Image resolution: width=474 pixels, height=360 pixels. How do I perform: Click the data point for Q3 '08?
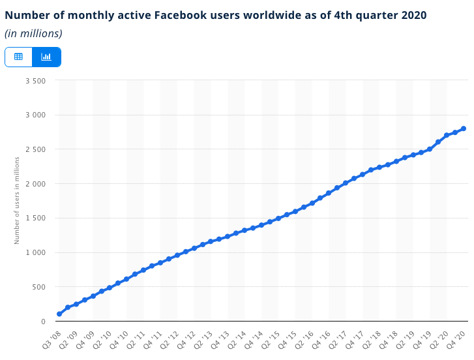(x=59, y=314)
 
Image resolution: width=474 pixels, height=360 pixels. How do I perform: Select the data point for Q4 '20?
(x=464, y=128)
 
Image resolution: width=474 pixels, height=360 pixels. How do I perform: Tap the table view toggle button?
(x=18, y=57)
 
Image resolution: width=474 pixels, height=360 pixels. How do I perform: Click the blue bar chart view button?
(x=46, y=57)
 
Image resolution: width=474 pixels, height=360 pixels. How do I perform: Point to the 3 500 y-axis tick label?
(x=35, y=81)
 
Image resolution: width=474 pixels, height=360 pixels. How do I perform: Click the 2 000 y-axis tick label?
(x=35, y=184)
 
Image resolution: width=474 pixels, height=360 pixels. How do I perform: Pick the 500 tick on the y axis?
(x=39, y=287)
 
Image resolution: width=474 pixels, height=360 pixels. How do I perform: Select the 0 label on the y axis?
(x=43, y=322)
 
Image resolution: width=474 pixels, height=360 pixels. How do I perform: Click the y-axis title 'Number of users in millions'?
(x=17, y=200)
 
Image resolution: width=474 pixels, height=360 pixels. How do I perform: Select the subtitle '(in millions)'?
(x=33, y=33)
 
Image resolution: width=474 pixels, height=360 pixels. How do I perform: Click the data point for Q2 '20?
(x=447, y=135)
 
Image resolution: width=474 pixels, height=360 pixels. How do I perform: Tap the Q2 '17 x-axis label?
(x=339, y=338)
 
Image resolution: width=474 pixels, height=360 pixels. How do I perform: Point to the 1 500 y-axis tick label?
(x=35, y=218)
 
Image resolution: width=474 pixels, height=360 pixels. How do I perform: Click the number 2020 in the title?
(x=413, y=15)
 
